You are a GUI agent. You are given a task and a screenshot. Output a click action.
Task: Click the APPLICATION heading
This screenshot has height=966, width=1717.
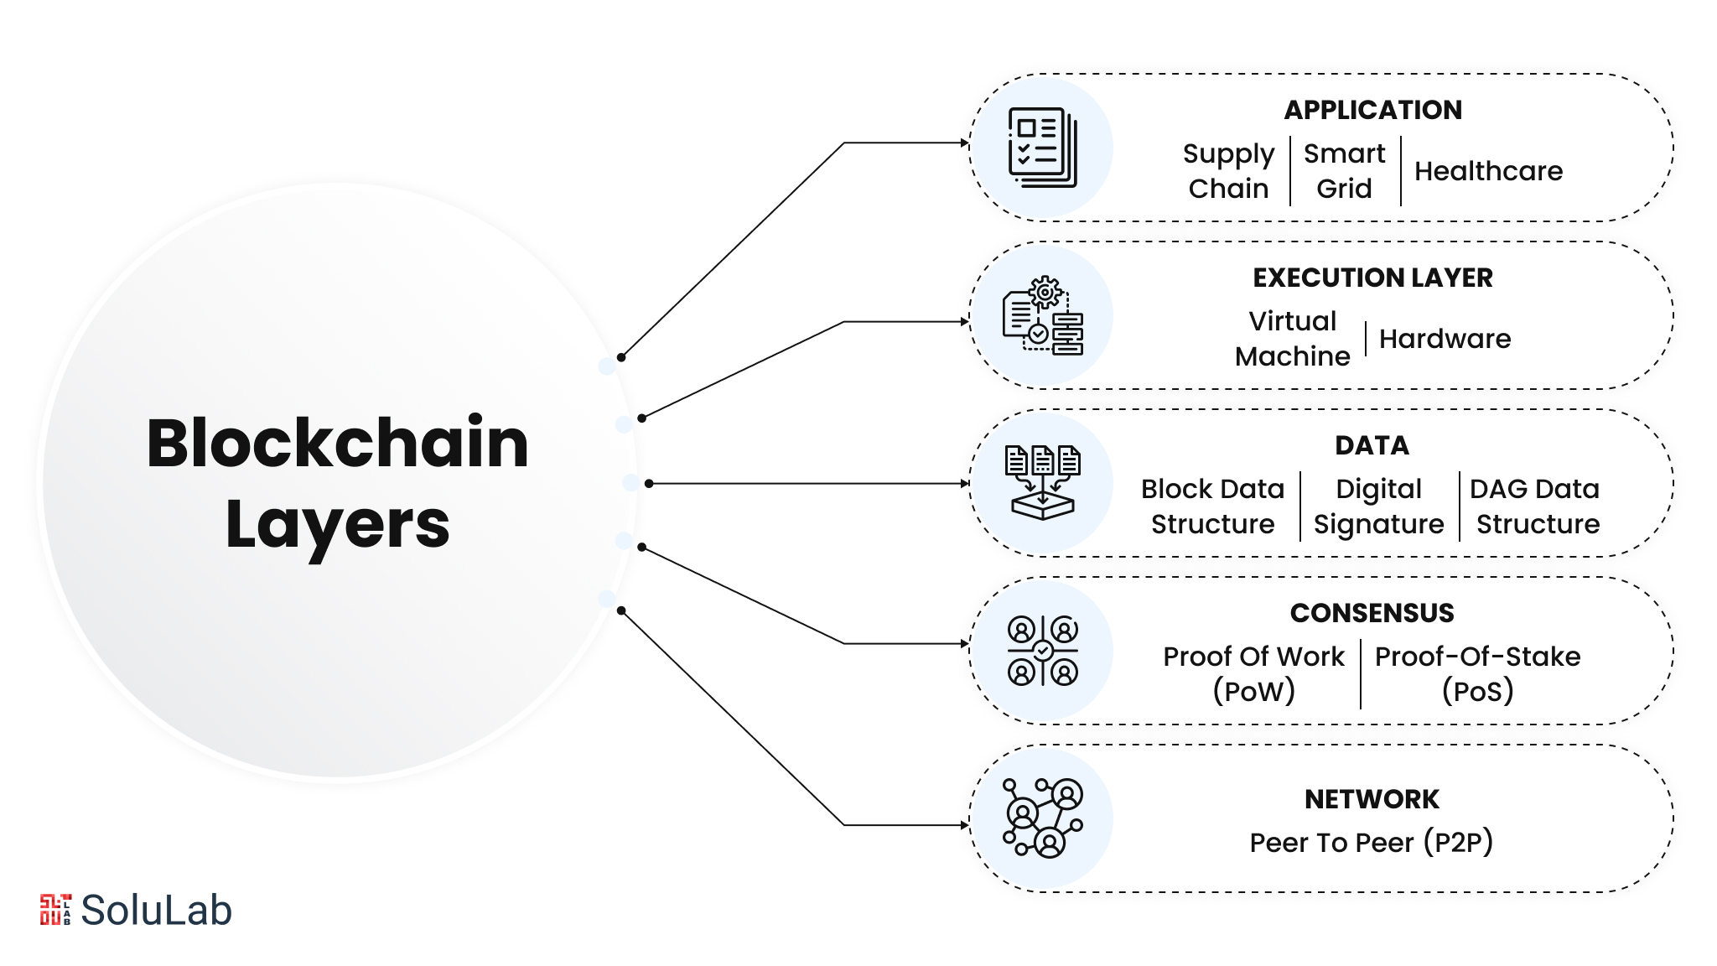[x=1372, y=110]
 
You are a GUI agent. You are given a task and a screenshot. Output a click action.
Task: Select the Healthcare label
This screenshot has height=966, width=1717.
[x=1488, y=171]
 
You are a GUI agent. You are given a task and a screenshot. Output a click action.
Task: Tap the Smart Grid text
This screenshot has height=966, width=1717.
[x=1344, y=171]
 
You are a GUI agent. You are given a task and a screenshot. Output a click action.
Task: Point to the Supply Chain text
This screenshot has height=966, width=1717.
[x=1228, y=171]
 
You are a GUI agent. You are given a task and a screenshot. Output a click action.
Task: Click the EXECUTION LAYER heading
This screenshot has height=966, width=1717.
[x=1372, y=278]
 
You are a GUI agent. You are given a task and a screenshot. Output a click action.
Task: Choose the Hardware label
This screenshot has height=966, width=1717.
[x=1445, y=339]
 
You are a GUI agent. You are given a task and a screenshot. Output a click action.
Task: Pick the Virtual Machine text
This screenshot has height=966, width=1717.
[x=1292, y=339]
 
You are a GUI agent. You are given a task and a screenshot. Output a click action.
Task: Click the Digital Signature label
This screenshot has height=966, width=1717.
[x=1378, y=506]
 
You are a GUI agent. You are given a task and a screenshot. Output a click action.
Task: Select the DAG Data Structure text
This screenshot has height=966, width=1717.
[x=1537, y=506]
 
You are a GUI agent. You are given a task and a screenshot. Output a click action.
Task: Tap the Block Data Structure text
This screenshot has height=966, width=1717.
[x=1212, y=506]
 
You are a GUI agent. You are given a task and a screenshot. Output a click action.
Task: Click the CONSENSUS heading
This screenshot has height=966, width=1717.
[x=1372, y=613]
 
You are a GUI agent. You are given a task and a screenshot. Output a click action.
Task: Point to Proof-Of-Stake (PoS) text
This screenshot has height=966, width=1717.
[x=1477, y=674]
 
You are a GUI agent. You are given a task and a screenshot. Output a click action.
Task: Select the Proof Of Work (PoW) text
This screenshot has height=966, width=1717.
[x=1253, y=674]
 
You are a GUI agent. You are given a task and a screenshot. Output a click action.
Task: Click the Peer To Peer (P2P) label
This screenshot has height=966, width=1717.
[x=1371, y=842]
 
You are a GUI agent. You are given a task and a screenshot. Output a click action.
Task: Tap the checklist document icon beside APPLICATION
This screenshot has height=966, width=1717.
[x=1042, y=148]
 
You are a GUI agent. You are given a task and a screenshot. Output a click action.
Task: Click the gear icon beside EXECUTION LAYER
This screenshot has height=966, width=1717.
[x=1045, y=293]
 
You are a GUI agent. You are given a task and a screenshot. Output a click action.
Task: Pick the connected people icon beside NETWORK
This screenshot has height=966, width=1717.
[x=1043, y=818]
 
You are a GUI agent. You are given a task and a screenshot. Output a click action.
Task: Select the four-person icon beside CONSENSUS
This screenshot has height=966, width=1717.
[x=1042, y=651]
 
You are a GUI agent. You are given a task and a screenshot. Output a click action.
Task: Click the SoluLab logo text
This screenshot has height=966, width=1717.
[x=156, y=911]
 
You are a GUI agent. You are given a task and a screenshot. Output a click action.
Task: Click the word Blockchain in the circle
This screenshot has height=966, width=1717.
[x=337, y=443]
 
